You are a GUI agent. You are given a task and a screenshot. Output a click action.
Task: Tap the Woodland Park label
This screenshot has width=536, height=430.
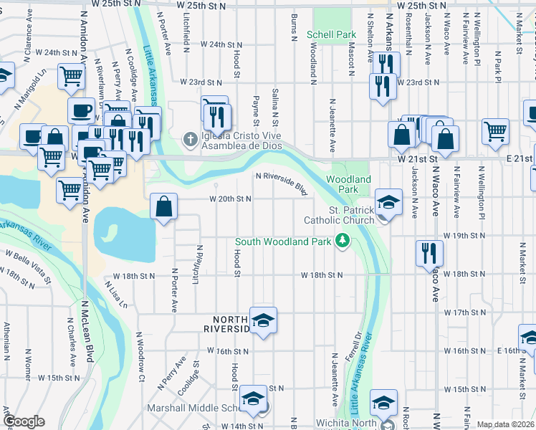[349, 184]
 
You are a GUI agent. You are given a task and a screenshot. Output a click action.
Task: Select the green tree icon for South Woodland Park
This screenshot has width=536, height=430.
[343, 241]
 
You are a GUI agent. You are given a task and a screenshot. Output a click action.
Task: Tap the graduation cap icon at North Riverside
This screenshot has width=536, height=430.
[263, 320]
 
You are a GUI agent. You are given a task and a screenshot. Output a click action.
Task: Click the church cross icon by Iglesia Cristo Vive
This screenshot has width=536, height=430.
[190, 138]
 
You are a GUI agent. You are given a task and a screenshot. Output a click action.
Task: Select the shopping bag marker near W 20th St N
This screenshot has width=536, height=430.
[164, 208]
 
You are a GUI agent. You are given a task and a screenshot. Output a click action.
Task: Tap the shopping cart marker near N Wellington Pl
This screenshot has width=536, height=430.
[495, 131]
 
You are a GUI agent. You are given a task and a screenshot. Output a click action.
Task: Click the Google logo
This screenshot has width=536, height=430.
[24, 421]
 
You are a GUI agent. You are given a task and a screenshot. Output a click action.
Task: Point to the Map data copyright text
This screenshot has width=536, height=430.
[505, 424]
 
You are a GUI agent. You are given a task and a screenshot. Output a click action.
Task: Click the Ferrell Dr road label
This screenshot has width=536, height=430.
[352, 354]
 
